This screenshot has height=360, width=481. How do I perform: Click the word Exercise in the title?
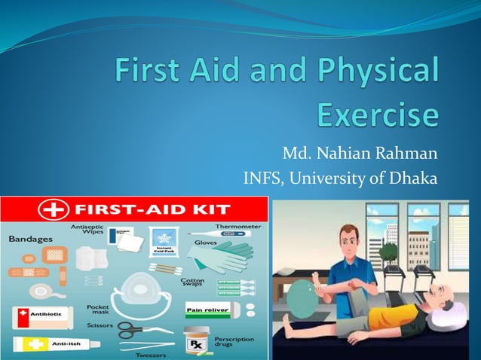(377, 116)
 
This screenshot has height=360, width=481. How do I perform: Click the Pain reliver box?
(208, 308)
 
